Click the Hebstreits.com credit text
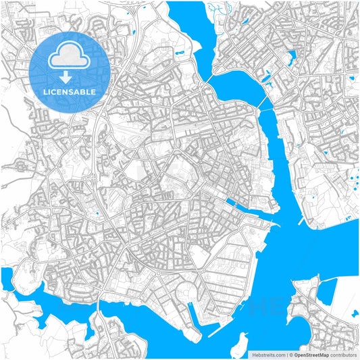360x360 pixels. click(267, 354)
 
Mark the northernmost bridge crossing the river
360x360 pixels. click(209, 78)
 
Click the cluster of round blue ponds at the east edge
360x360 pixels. click(353, 181)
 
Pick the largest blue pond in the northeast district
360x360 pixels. click(291, 57)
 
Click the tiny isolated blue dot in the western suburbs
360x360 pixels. click(97, 214)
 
